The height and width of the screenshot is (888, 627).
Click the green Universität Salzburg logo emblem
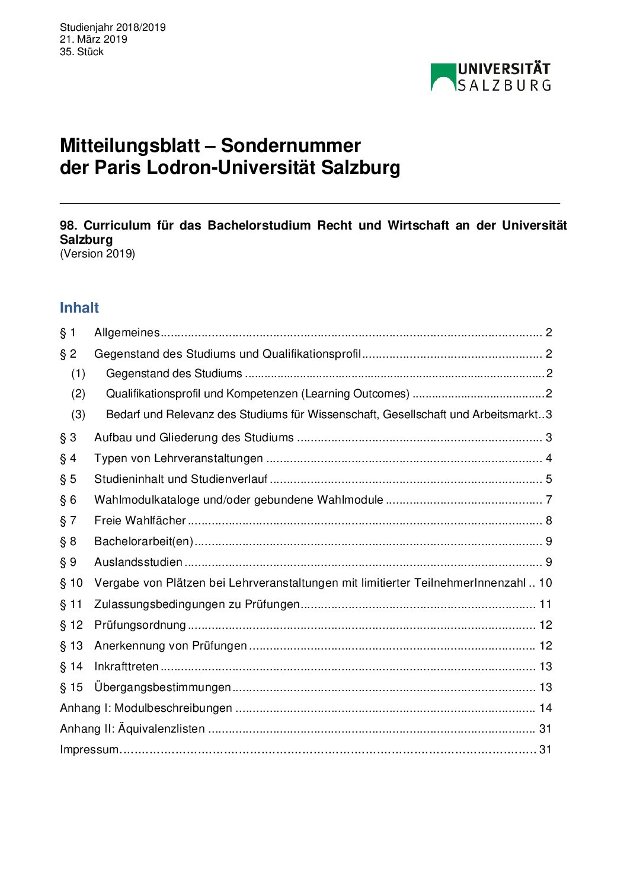pyautogui.click(x=443, y=77)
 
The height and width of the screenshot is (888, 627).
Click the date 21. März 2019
pyautogui.click(x=93, y=39)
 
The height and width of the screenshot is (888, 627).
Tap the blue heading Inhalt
pyautogui.click(x=79, y=307)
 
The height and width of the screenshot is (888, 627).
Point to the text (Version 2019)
pyautogui.click(x=97, y=254)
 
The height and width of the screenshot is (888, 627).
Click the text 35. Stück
pyautogui.click(x=81, y=52)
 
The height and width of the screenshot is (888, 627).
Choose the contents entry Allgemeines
pyautogui.click(x=127, y=332)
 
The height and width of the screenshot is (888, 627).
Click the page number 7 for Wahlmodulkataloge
pyautogui.click(x=549, y=499)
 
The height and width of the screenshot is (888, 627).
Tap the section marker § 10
pyautogui.click(x=71, y=583)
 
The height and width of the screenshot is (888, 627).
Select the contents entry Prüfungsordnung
pyautogui.click(x=140, y=625)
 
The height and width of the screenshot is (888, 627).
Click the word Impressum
pyautogui.click(x=89, y=749)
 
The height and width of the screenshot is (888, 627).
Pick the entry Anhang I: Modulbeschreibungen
pyautogui.click(x=146, y=708)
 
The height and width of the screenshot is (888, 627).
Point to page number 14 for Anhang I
pyautogui.click(x=545, y=708)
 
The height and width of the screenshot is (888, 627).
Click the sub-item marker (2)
pyautogui.click(x=78, y=393)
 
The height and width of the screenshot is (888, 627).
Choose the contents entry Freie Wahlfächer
pyautogui.click(x=140, y=520)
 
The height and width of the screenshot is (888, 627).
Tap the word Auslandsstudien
pyautogui.click(x=138, y=562)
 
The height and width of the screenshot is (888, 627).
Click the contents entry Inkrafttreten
pyautogui.click(x=126, y=666)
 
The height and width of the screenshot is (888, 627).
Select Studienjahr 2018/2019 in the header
pyautogui.click(x=113, y=27)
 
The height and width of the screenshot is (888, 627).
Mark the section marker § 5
pyautogui.click(x=68, y=479)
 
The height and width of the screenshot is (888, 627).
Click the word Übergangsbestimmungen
pyautogui.click(x=162, y=687)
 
